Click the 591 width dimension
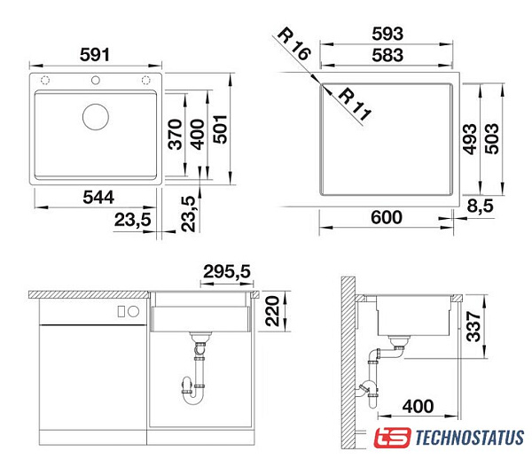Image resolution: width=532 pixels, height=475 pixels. [95, 55]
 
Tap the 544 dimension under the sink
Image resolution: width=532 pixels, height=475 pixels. [98, 198]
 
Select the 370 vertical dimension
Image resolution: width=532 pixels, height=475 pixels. [176, 135]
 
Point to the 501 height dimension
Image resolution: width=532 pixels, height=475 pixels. [220, 129]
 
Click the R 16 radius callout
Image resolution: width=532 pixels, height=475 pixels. [293, 44]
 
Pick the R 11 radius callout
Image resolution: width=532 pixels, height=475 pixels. [355, 104]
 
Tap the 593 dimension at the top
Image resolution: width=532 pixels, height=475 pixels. [387, 34]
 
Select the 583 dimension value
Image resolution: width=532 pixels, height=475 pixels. [387, 55]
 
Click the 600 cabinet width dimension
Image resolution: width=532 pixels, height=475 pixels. [387, 217]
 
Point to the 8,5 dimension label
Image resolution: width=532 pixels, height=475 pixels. [480, 206]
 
